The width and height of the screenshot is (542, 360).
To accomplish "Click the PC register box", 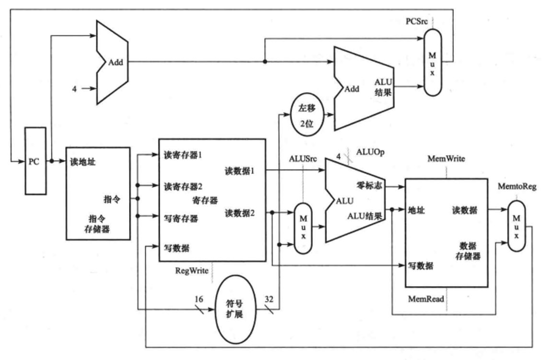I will coord(35,161).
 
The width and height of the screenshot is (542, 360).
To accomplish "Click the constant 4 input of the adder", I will coord(74,88).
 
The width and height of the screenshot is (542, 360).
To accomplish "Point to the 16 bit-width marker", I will coord(198,300).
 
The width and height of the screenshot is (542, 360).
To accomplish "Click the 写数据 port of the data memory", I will coord(421,265).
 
